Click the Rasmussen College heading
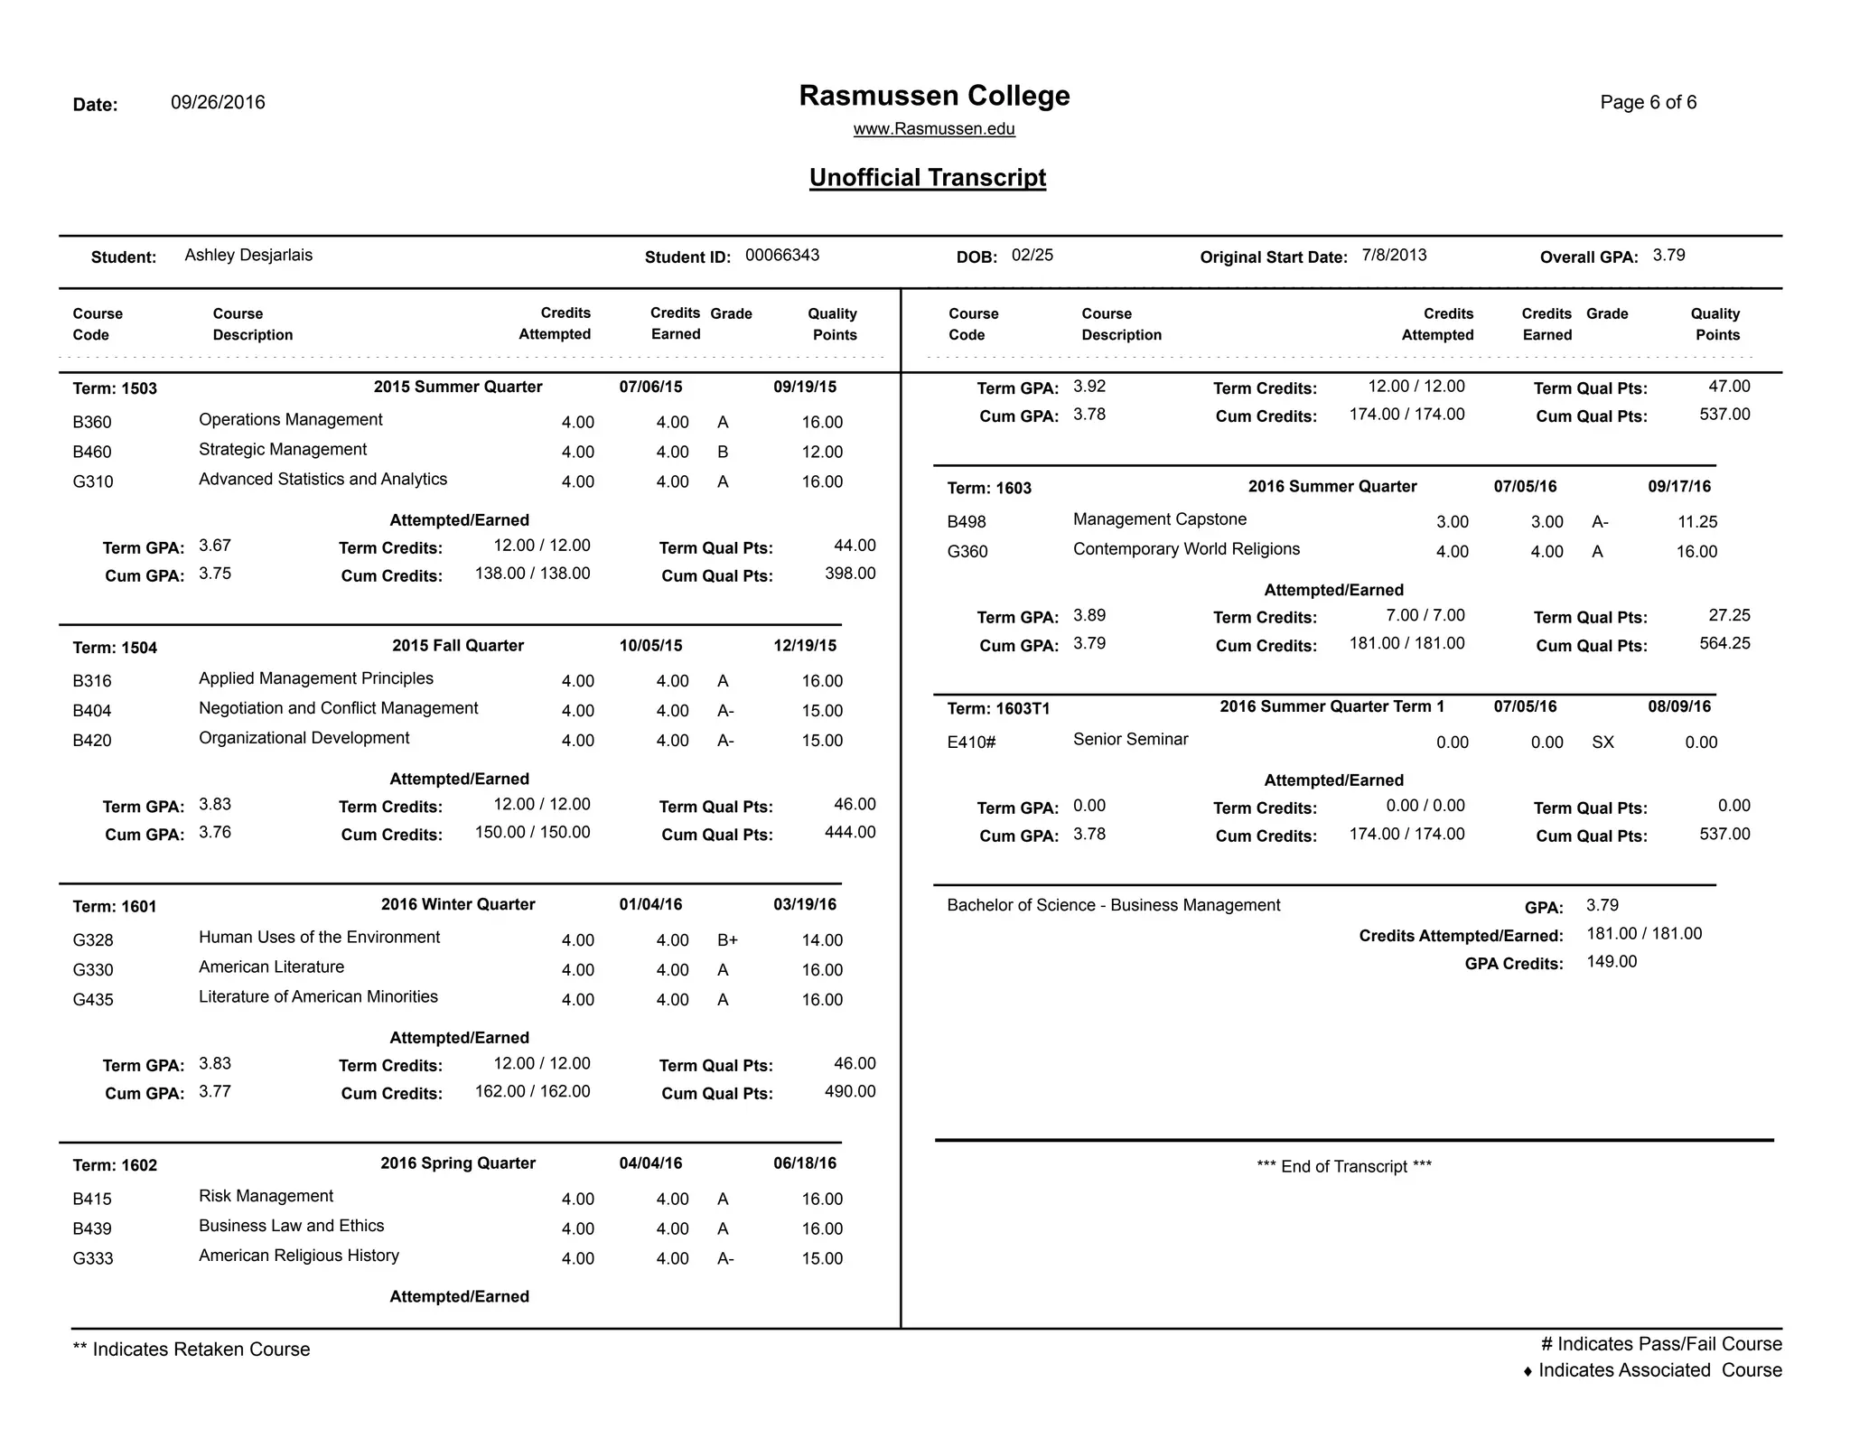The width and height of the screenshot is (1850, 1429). pyautogui.click(x=934, y=96)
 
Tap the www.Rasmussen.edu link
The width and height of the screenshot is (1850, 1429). pyautogui.click(x=934, y=129)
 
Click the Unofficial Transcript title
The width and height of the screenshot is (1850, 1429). pyautogui.click(x=927, y=178)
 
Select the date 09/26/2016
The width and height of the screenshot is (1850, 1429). pyautogui.click(x=218, y=102)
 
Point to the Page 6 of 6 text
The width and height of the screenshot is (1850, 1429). pyautogui.click(x=1648, y=102)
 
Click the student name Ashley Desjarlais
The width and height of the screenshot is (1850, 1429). pyautogui.click(x=248, y=256)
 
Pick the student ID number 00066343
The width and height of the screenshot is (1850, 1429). pyautogui.click(x=782, y=256)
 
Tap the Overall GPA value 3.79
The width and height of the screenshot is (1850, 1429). pyautogui.click(x=1668, y=256)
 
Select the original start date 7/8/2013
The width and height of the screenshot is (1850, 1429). pyautogui.click(x=1394, y=256)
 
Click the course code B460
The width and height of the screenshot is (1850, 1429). pyautogui.click(x=92, y=453)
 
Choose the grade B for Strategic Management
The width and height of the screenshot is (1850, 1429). pyautogui.click(x=723, y=453)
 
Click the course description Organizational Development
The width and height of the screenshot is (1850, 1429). pyautogui.click(x=304, y=738)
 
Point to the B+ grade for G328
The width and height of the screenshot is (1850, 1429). pyautogui.click(x=727, y=940)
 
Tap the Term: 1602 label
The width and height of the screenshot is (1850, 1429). pyautogui.click(x=115, y=1166)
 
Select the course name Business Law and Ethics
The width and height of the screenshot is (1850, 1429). pyautogui.click(x=291, y=1226)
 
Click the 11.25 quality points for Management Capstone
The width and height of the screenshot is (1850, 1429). pyautogui.click(x=1696, y=522)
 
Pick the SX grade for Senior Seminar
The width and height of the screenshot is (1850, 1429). pyautogui.click(x=1602, y=743)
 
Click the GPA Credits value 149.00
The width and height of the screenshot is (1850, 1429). pyautogui.click(x=1612, y=962)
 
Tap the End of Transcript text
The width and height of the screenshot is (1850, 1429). pyautogui.click(x=1343, y=1167)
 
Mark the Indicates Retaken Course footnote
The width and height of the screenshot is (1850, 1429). pyautogui.click(x=192, y=1350)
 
